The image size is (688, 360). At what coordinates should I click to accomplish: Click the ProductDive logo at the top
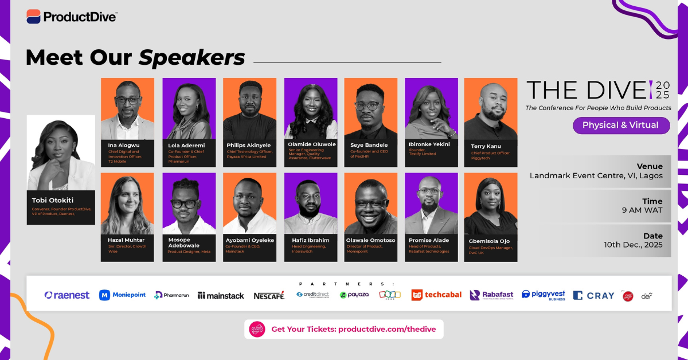coord(72,17)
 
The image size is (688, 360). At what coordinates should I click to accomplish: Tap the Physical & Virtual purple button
coord(621,126)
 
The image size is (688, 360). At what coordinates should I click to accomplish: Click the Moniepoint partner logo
coord(122,295)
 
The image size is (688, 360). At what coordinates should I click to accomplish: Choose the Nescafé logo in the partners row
coord(269,295)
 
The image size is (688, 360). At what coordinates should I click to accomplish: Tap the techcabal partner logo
coord(436,295)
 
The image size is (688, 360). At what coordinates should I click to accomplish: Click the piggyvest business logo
coord(543,295)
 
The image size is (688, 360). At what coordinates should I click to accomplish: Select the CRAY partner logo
coord(593,296)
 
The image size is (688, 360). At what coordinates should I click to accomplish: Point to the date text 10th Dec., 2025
coord(633,245)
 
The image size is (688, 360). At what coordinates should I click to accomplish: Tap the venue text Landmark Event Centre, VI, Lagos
coord(596,176)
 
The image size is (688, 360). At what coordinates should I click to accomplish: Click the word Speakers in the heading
coord(192,58)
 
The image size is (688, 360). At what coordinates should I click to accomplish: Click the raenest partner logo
coord(67,295)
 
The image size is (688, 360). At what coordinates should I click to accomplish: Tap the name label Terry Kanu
coord(486,146)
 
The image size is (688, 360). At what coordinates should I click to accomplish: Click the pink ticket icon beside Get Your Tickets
coord(257,329)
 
